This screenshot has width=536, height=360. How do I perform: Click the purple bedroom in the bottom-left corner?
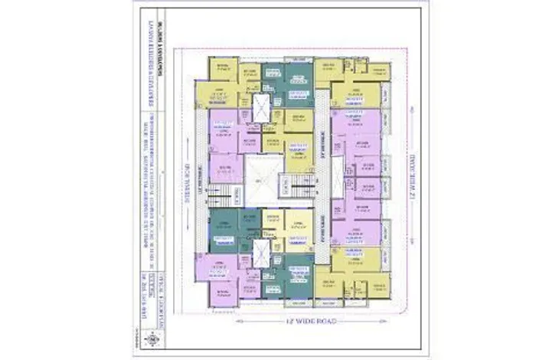point(222,293)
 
